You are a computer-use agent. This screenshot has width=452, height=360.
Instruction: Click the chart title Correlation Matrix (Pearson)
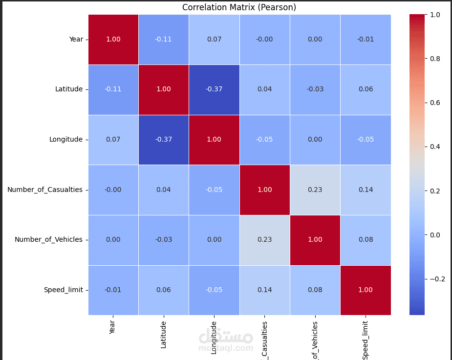pyautogui.click(x=239, y=7)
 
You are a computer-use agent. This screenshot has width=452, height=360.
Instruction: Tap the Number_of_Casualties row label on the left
pyautogui.click(x=45, y=190)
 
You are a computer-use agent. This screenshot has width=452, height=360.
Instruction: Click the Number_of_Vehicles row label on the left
pyautogui.click(x=48, y=239)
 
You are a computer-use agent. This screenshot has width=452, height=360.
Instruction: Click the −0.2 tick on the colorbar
pyautogui.click(x=436, y=279)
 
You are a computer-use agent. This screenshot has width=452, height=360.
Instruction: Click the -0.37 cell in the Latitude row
pyautogui.click(x=214, y=89)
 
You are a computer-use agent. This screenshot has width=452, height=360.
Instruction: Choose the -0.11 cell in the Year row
pyautogui.click(x=164, y=39)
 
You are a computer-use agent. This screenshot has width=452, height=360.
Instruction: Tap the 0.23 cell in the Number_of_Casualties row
pyautogui.click(x=315, y=190)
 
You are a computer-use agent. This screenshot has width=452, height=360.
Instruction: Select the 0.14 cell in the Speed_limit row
pyautogui.click(x=264, y=290)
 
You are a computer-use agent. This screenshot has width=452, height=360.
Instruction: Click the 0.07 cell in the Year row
pyautogui.click(x=214, y=39)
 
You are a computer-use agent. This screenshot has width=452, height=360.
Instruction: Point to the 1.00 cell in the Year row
pyautogui.click(x=113, y=39)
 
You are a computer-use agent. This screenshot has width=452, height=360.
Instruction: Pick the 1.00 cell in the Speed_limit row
pyautogui.click(x=366, y=290)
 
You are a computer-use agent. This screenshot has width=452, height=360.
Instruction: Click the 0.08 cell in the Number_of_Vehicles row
pyautogui.click(x=366, y=239)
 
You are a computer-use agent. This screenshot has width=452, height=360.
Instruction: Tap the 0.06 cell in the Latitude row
pyautogui.click(x=366, y=89)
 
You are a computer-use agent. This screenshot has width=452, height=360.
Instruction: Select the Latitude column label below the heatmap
pyautogui.click(x=164, y=334)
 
